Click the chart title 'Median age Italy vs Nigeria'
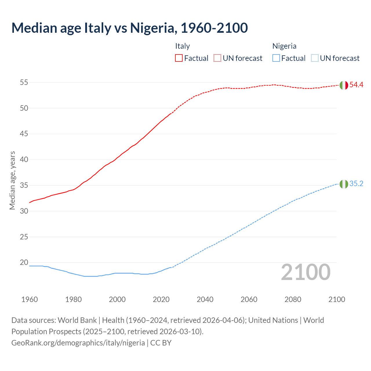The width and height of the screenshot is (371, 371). coord(130,28)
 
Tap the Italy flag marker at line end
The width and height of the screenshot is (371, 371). coord(344,85)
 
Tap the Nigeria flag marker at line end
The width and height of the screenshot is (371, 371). coord(344,184)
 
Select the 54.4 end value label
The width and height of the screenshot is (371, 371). coord(356,85)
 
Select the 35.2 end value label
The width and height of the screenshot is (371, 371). coord(356,184)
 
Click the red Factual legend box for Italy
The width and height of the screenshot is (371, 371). coord(179,58)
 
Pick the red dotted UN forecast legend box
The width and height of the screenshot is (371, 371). coord(217,58)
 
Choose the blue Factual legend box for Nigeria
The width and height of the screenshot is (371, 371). coord(276,58)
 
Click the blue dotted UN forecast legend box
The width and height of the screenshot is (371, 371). coord(314,58)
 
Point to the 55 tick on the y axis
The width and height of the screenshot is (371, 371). coord(24,82)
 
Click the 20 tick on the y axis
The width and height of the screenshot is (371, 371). coord(24,263)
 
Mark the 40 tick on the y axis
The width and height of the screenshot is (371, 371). coord(24,160)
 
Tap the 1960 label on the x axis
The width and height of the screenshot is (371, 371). coord(30,299)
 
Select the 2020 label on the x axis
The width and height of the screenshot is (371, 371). coord(161,299)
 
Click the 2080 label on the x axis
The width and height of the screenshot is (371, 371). coord(293,299)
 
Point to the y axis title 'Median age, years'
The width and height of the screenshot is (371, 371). coord(12,180)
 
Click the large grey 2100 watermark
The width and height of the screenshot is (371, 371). coord(306,272)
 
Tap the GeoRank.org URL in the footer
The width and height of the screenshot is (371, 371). coord(78,343)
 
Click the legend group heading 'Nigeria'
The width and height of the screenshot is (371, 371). coord(284,46)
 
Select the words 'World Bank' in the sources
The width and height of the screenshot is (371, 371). coord(77,320)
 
